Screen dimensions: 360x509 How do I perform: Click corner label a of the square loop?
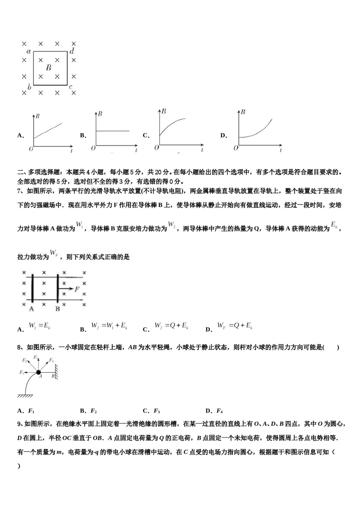tap(28, 51)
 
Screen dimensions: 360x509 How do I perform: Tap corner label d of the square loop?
tap(72, 51)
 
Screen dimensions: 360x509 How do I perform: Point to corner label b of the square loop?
tap(29, 87)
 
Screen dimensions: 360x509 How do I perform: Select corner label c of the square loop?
tap(71, 87)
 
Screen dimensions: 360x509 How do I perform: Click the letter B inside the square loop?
tap(49, 68)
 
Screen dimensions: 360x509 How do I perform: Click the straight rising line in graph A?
tap(48, 130)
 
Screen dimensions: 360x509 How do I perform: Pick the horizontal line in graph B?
tap(113, 131)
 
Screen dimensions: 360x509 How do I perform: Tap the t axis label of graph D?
tap(280, 150)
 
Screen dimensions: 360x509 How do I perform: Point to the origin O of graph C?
tap(156, 148)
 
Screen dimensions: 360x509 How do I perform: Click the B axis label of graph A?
tap(37, 116)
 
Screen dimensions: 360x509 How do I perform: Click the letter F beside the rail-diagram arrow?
tap(77, 289)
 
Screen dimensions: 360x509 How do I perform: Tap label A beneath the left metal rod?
tap(31, 309)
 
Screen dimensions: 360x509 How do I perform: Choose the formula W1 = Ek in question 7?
tap(40, 326)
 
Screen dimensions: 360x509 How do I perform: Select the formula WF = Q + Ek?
tap(235, 326)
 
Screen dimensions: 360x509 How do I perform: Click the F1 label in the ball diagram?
tap(22, 373)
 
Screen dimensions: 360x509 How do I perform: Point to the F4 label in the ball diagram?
tap(51, 360)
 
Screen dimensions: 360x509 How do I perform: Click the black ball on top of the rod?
tap(39, 373)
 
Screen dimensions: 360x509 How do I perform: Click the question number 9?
tap(19, 424)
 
